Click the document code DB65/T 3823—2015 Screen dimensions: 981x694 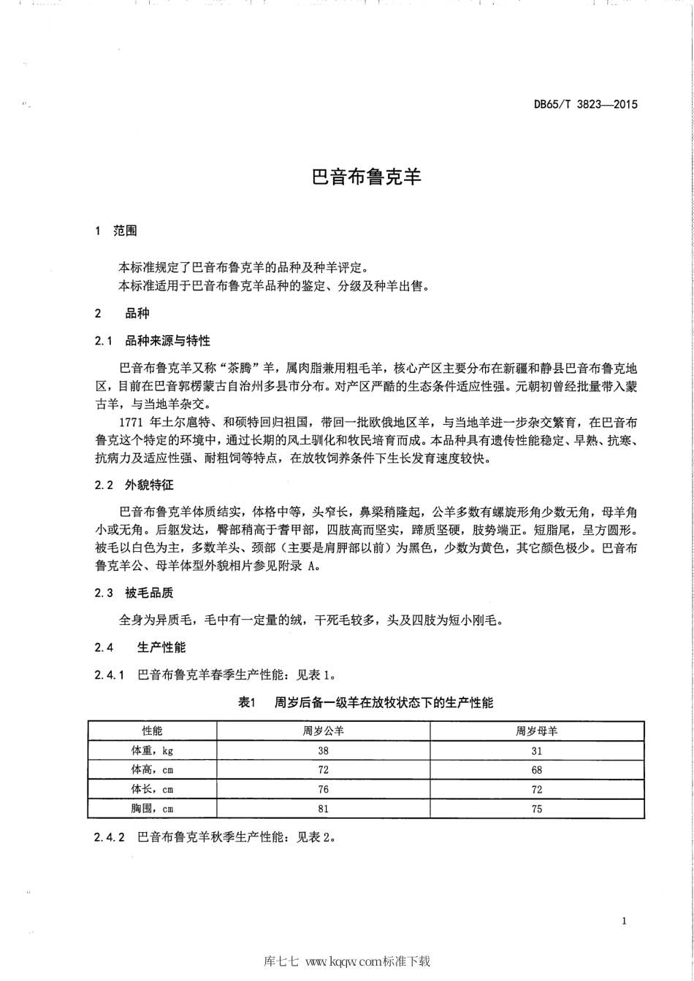point(585,104)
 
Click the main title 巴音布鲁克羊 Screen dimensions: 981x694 point(367,177)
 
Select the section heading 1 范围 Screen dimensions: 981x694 point(116,231)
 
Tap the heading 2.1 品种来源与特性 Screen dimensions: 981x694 point(153,340)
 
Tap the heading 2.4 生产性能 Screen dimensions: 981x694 point(140,647)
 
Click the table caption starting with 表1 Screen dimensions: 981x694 point(366,703)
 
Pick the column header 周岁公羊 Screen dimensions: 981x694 point(323,731)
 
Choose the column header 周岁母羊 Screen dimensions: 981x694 point(537,731)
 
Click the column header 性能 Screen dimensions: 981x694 point(152,731)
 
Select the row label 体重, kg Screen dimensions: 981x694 point(152,750)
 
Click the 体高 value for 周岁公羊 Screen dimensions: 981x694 point(323,770)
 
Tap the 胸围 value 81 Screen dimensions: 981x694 point(323,809)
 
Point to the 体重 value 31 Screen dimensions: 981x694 point(537,750)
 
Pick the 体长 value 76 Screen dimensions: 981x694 point(323,790)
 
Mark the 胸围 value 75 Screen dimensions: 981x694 point(537,809)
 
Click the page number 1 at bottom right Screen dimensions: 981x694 point(624,921)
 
